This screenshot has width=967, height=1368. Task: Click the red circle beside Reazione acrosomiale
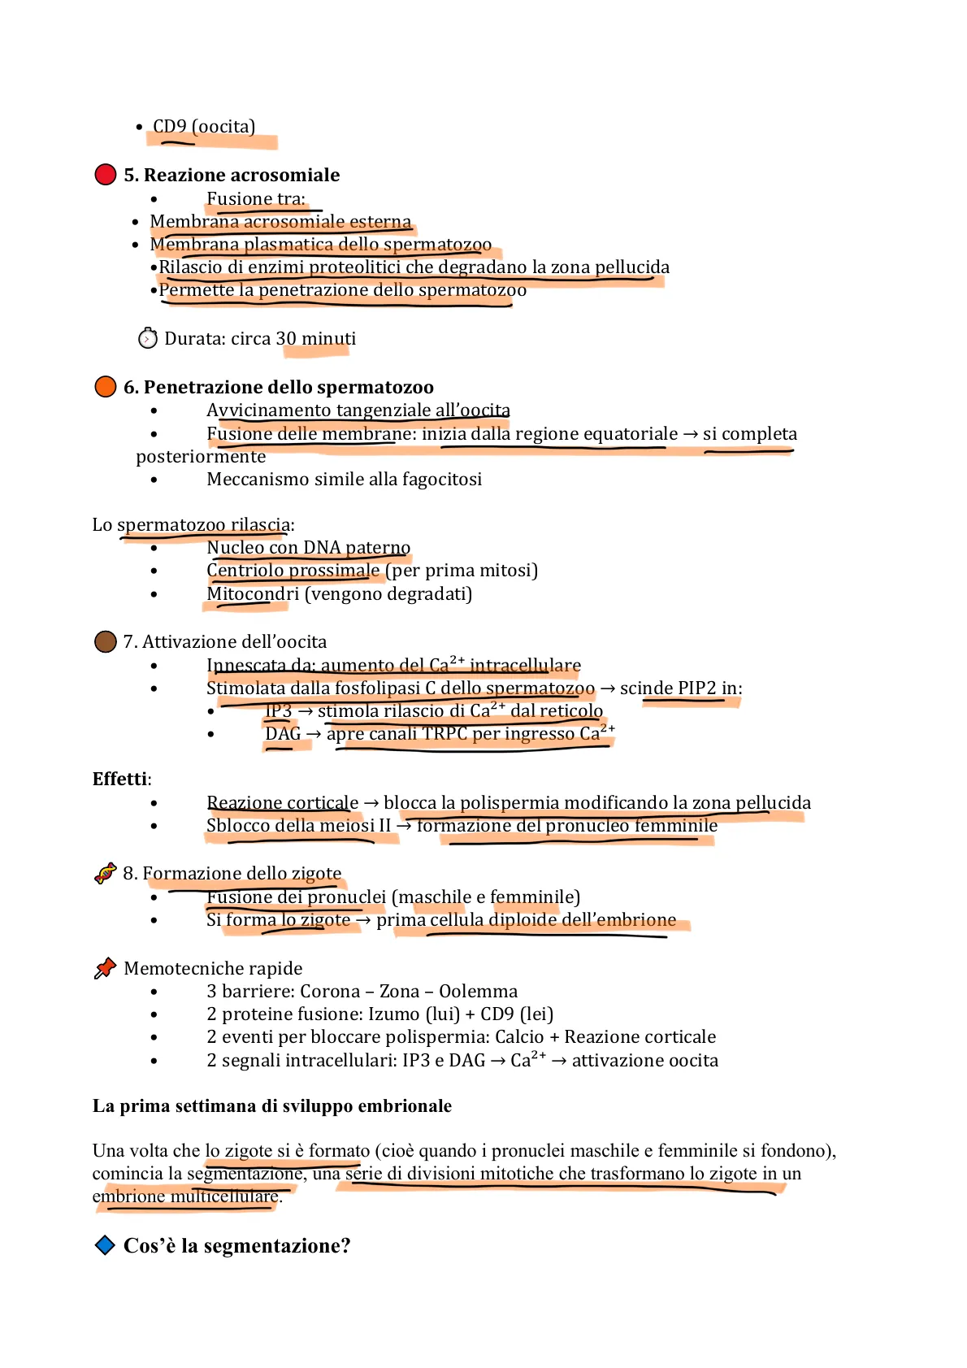coord(106,175)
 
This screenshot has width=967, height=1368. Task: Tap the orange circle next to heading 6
coord(106,387)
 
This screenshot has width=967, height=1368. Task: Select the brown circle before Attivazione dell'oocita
coord(106,641)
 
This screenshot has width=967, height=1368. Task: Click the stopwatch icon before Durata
coord(148,338)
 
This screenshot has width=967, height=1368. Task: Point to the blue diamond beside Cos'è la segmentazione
coord(105,1245)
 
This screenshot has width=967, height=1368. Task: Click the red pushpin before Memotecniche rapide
coord(106,968)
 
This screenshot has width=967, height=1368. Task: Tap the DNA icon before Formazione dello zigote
coord(106,874)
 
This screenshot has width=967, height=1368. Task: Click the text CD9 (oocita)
coord(204,127)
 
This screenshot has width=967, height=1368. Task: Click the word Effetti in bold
coord(120,779)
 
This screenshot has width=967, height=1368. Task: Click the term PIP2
coord(696,688)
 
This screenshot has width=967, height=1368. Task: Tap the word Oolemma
coord(478,992)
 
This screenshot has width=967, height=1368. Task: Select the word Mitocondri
coord(253,594)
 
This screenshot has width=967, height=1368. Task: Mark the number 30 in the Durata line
coord(286,339)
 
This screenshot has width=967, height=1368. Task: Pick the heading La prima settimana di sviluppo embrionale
coord(272,1106)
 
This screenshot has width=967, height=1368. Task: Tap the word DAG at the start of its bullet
coord(283,734)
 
